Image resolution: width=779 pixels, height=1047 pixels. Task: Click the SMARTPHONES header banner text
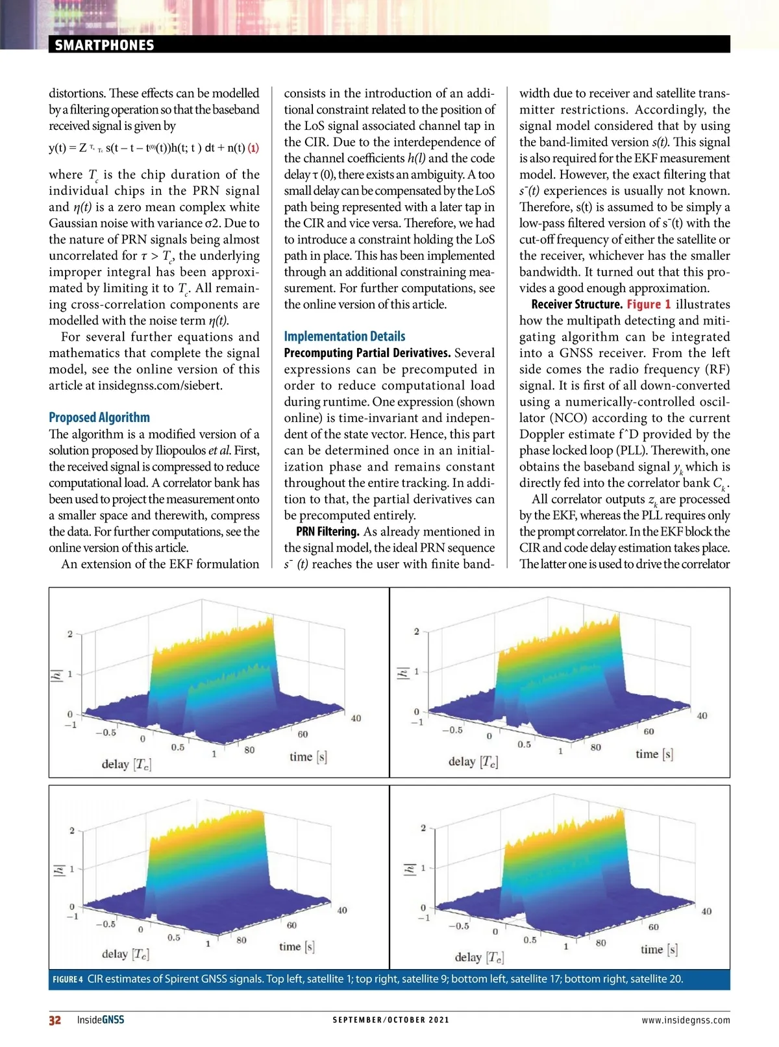(x=105, y=45)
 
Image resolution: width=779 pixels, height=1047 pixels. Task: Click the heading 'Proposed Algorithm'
(x=99, y=417)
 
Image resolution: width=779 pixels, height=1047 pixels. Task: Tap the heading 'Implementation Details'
(x=344, y=336)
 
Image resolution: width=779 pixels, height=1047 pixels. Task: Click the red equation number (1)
(x=253, y=147)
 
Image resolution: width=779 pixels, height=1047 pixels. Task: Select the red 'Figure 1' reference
(x=649, y=304)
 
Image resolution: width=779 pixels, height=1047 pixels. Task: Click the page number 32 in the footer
(x=55, y=1020)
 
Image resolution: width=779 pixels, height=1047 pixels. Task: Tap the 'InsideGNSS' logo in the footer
(x=100, y=1020)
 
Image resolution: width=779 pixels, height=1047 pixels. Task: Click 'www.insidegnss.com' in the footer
(x=686, y=1020)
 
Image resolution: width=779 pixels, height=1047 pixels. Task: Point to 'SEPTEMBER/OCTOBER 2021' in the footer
(x=391, y=1020)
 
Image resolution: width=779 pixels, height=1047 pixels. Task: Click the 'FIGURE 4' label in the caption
(x=68, y=979)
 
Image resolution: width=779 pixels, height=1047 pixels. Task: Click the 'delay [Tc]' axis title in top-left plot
(x=127, y=764)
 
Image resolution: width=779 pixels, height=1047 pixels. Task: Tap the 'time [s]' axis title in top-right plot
(x=654, y=754)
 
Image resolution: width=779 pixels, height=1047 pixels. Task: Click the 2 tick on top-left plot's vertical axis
(x=70, y=634)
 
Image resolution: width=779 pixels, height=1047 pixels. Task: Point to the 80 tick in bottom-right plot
(x=600, y=942)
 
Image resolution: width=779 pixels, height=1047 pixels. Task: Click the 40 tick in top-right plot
(x=702, y=715)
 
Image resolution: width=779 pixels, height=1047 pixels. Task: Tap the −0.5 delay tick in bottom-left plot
(x=106, y=924)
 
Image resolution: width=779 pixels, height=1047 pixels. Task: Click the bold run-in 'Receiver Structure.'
(x=576, y=304)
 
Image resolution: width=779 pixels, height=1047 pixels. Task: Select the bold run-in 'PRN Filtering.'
(x=327, y=532)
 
